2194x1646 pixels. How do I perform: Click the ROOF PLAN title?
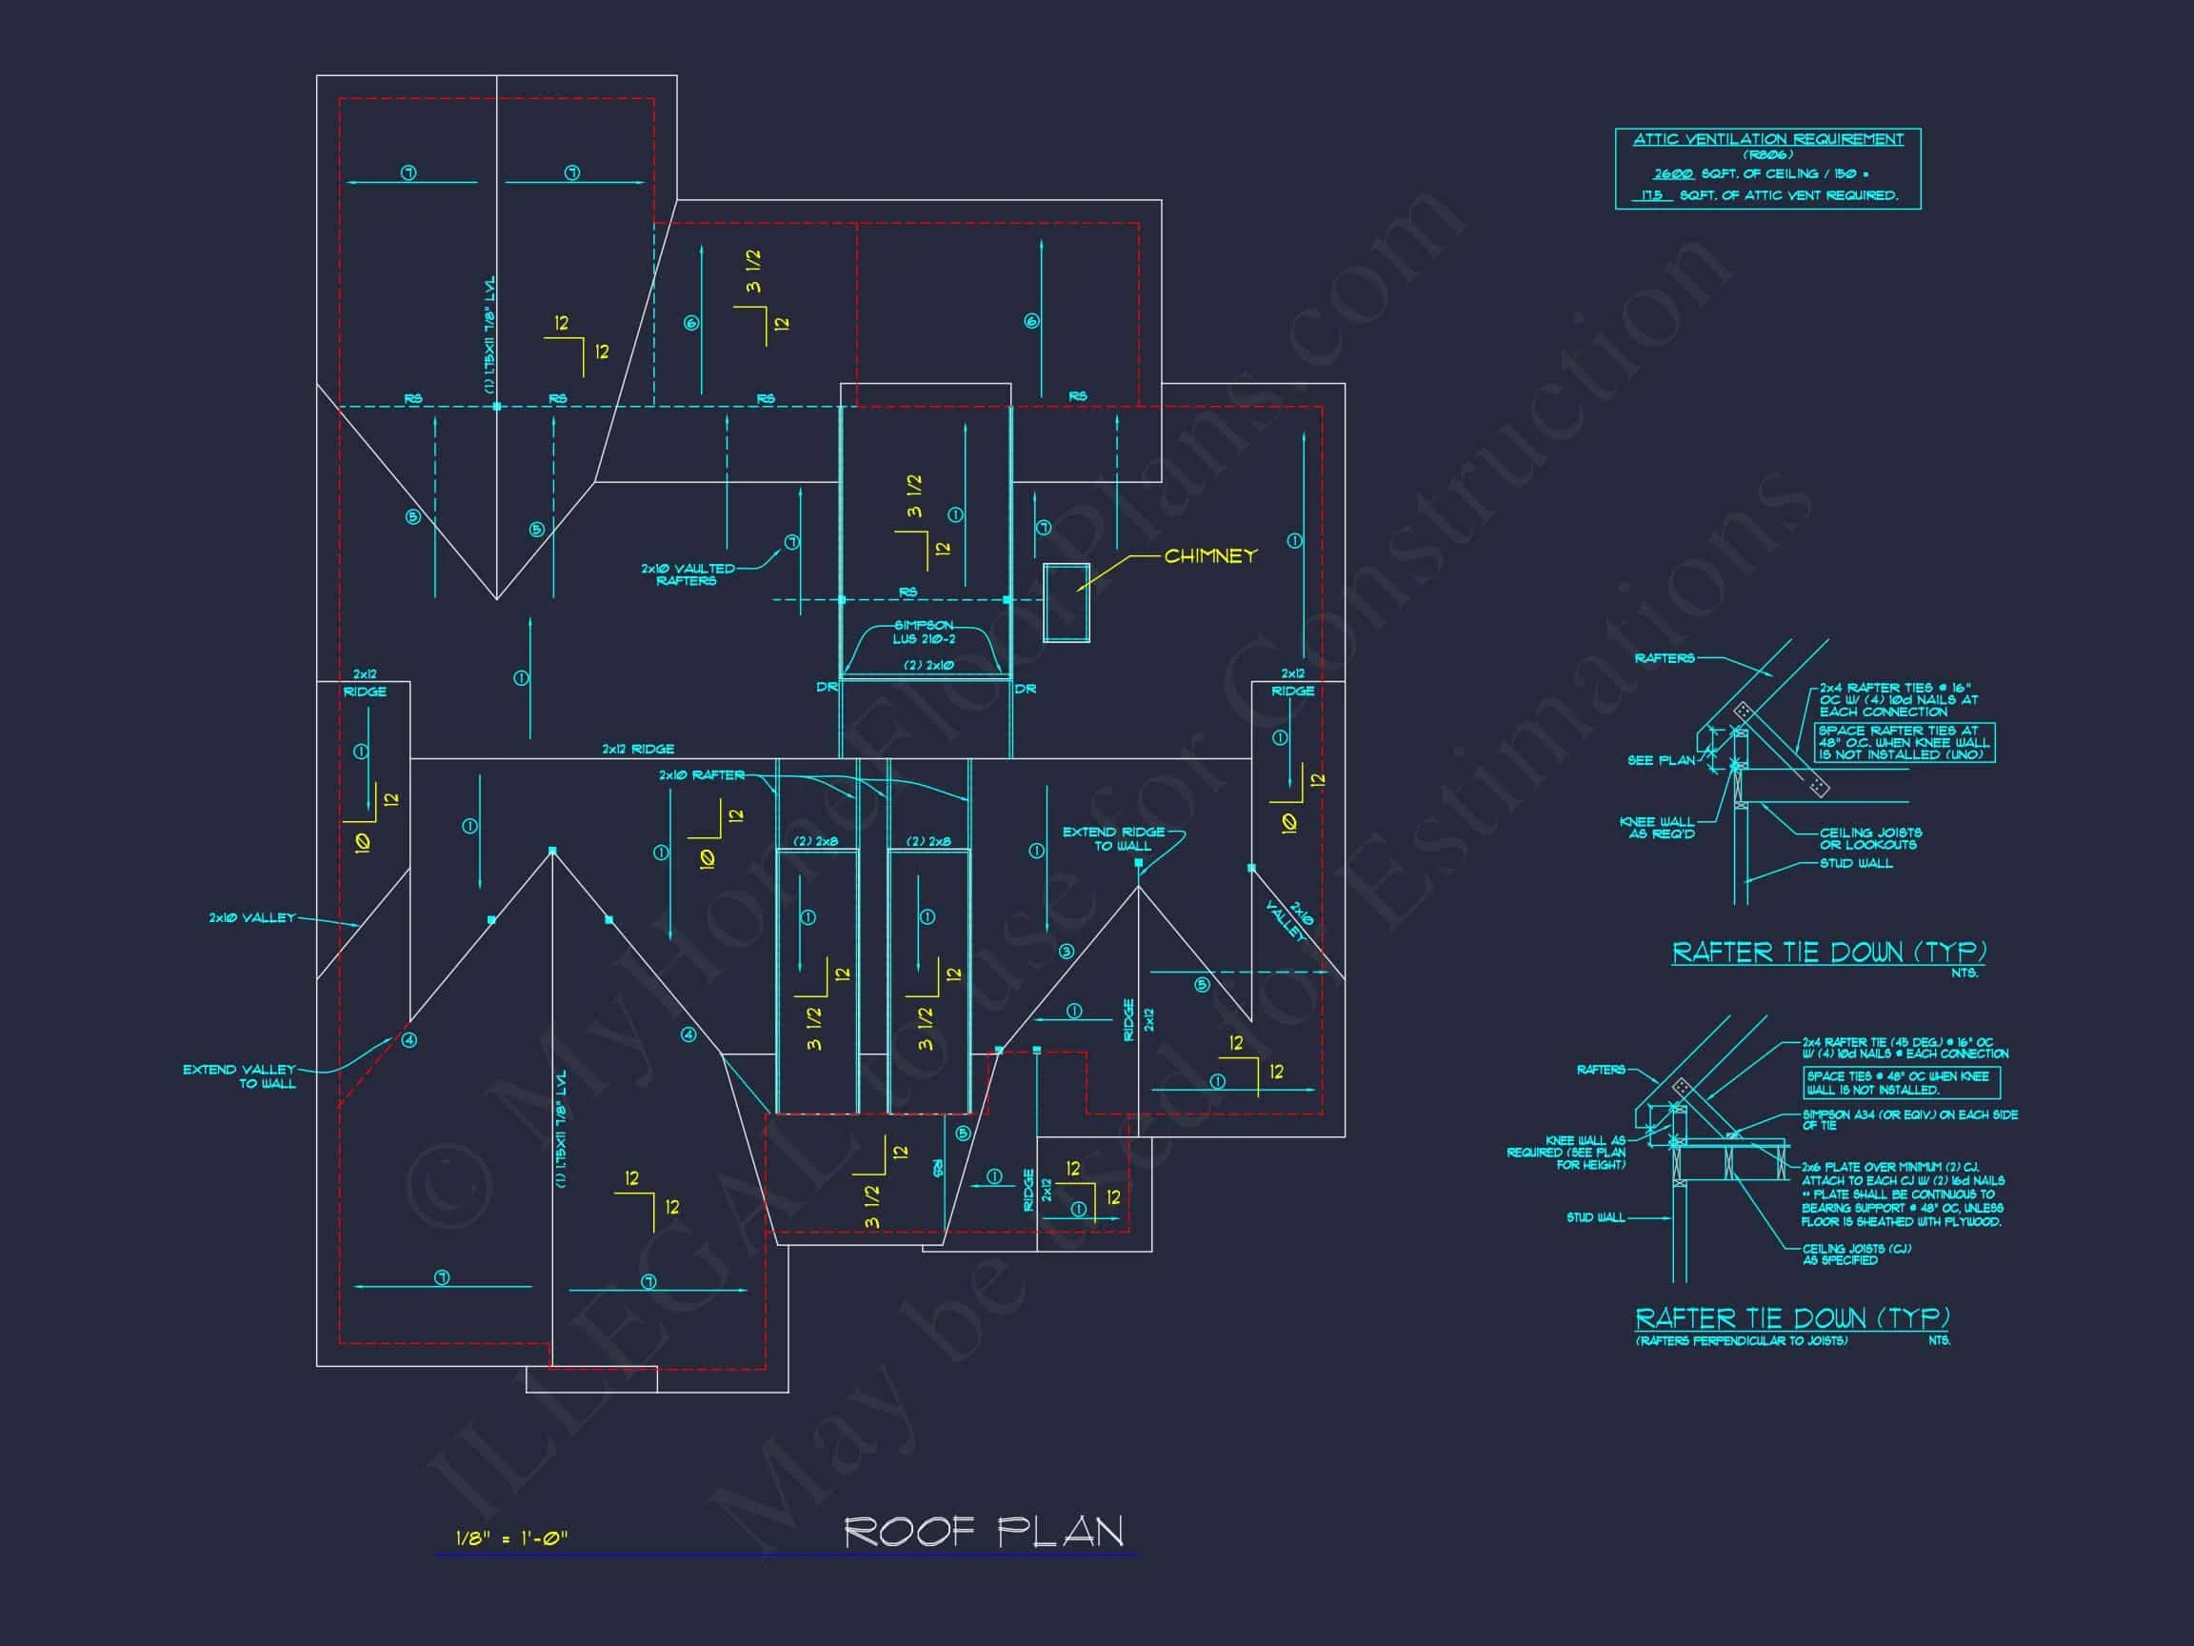pyautogui.click(x=983, y=1532)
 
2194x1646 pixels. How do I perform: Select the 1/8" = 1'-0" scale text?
pyautogui.click(x=511, y=1537)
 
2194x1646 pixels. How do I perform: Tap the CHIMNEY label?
pyautogui.click(x=1210, y=555)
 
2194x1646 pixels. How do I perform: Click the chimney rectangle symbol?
pyautogui.click(x=1066, y=602)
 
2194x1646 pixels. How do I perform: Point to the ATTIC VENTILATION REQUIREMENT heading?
pyautogui.click(x=1767, y=140)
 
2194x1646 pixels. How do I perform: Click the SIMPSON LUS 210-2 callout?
pyautogui.click(x=924, y=632)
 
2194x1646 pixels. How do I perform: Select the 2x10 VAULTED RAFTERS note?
pyautogui.click(x=688, y=574)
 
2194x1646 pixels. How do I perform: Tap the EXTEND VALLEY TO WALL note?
pyautogui.click(x=239, y=1076)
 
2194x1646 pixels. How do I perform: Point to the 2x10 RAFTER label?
pyautogui.click(x=701, y=774)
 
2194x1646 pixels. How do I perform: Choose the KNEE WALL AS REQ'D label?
pyautogui.click(x=1656, y=828)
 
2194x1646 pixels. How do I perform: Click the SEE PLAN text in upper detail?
pyautogui.click(x=1661, y=760)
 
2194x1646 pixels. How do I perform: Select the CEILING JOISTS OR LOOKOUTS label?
pyautogui.click(x=1869, y=838)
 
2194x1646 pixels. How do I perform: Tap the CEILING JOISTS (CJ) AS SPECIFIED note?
pyautogui.click(x=1856, y=1255)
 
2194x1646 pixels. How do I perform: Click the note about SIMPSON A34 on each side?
pyautogui.click(x=1909, y=1119)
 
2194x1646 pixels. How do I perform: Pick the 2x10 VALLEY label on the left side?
pyautogui.click(x=252, y=917)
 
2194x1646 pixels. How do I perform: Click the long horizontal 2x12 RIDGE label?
pyautogui.click(x=638, y=749)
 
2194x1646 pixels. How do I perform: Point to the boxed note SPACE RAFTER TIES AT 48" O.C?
pyautogui.click(x=1904, y=742)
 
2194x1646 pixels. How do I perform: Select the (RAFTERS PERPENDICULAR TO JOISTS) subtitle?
pyautogui.click(x=1741, y=1340)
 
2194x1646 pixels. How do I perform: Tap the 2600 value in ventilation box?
pyautogui.click(x=1671, y=173)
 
